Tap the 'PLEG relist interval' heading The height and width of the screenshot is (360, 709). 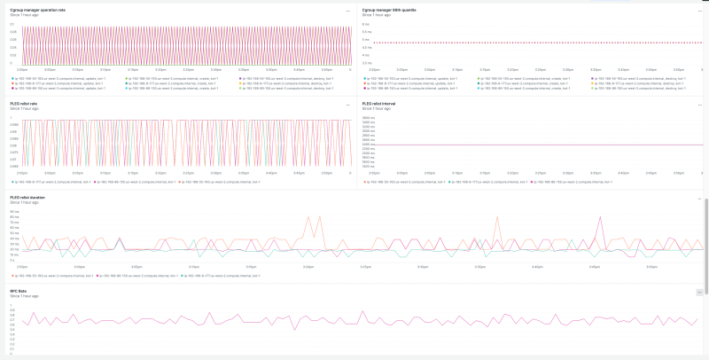(379, 104)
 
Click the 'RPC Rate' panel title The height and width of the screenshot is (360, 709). (18, 290)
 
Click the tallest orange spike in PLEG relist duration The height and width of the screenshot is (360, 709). (308, 218)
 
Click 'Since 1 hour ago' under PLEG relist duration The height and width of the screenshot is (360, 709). (24, 202)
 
